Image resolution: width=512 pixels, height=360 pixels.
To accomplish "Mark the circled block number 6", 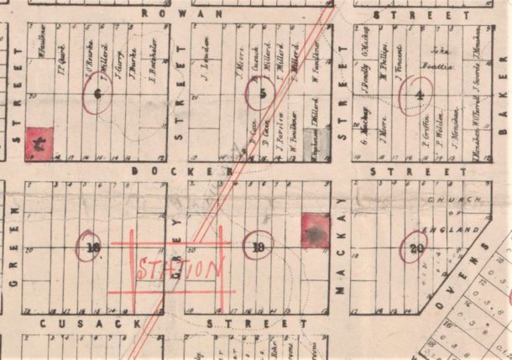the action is pyautogui.click(x=98, y=94).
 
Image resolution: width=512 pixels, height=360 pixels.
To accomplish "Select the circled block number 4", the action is pyautogui.click(x=417, y=93).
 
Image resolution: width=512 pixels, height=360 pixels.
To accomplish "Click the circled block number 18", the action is pyautogui.click(x=92, y=247).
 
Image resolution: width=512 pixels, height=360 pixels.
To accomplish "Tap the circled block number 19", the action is pyautogui.click(x=259, y=247).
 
